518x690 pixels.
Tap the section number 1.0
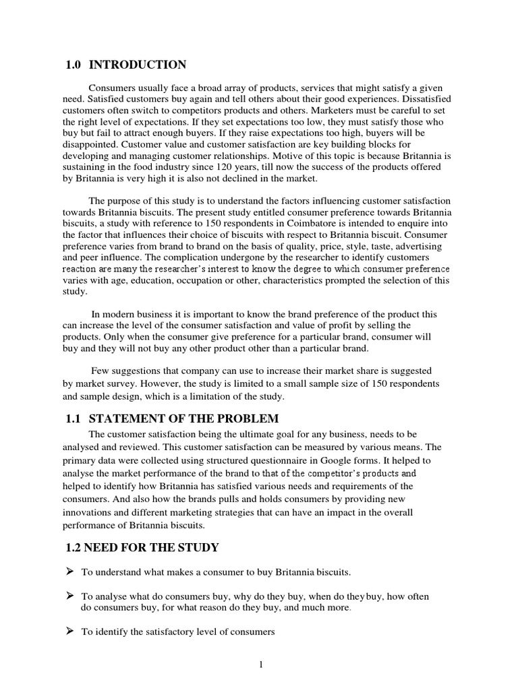tap(74, 65)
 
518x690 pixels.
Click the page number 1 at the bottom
tap(260, 664)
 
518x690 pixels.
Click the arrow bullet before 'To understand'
tap(69, 572)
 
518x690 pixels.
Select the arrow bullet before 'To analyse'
tap(69, 596)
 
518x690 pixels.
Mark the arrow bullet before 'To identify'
tap(69, 631)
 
